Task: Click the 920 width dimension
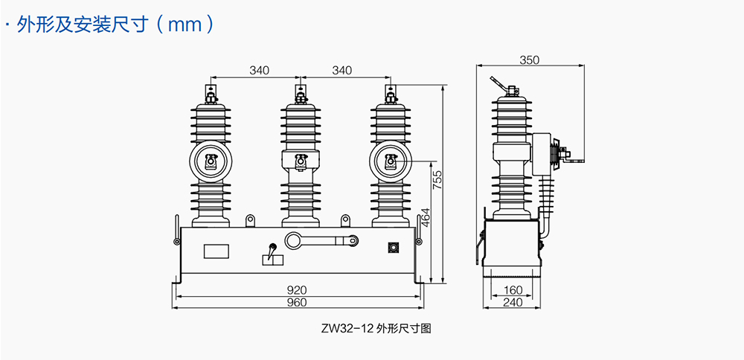coord(298,289)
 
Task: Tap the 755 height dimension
coord(438,181)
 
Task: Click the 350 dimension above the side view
coord(529,60)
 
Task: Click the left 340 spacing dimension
coord(259,71)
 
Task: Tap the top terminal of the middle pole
coord(301,94)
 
